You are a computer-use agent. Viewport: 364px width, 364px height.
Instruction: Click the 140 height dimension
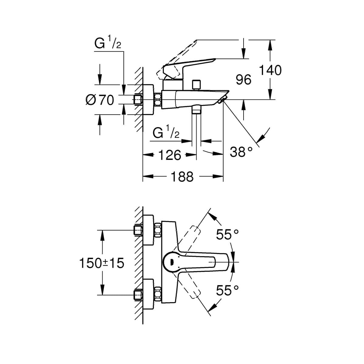[x=270, y=70]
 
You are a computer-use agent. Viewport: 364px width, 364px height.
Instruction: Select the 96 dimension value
[x=244, y=80]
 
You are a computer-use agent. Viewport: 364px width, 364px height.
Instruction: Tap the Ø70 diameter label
[x=100, y=100]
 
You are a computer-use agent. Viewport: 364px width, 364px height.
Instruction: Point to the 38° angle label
[x=241, y=152]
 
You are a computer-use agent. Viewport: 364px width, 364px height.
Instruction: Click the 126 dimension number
[x=170, y=155]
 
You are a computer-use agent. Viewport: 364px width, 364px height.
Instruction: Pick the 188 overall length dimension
[x=182, y=177]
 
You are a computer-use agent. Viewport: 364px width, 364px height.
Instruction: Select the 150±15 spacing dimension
[x=102, y=263]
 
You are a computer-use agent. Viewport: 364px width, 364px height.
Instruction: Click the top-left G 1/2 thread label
[x=108, y=44]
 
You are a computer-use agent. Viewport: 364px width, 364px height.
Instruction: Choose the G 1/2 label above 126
[x=166, y=133]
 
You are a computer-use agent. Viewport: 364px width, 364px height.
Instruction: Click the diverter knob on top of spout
[x=197, y=84]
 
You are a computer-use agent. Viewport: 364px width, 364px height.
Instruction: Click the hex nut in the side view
[x=158, y=99]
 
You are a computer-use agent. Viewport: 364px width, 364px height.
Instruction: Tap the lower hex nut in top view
[x=158, y=294]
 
